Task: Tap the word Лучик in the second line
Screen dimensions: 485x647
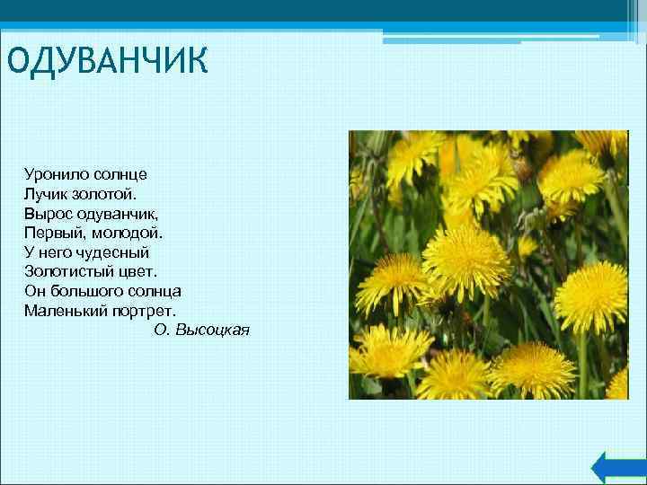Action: pos(47,192)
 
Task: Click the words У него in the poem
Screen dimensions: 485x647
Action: pos(49,252)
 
